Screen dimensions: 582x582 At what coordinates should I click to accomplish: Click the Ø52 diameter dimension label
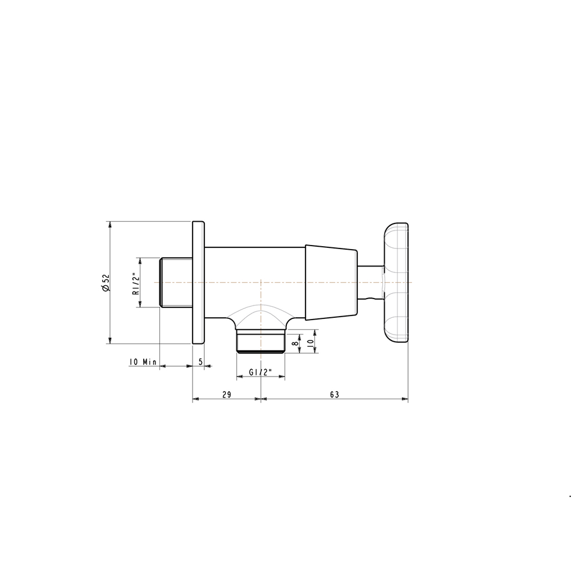point(106,283)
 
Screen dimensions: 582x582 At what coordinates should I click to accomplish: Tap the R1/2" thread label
point(136,283)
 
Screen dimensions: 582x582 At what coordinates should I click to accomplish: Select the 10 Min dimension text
point(143,361)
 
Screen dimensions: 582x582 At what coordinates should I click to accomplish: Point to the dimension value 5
point(200,361)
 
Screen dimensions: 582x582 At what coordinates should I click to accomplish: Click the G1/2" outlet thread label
point(261,372)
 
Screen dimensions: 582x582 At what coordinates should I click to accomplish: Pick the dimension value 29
point(226,395)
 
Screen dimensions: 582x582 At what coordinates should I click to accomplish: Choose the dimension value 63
point(335,395)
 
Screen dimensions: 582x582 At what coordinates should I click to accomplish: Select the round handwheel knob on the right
point(396,282)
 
